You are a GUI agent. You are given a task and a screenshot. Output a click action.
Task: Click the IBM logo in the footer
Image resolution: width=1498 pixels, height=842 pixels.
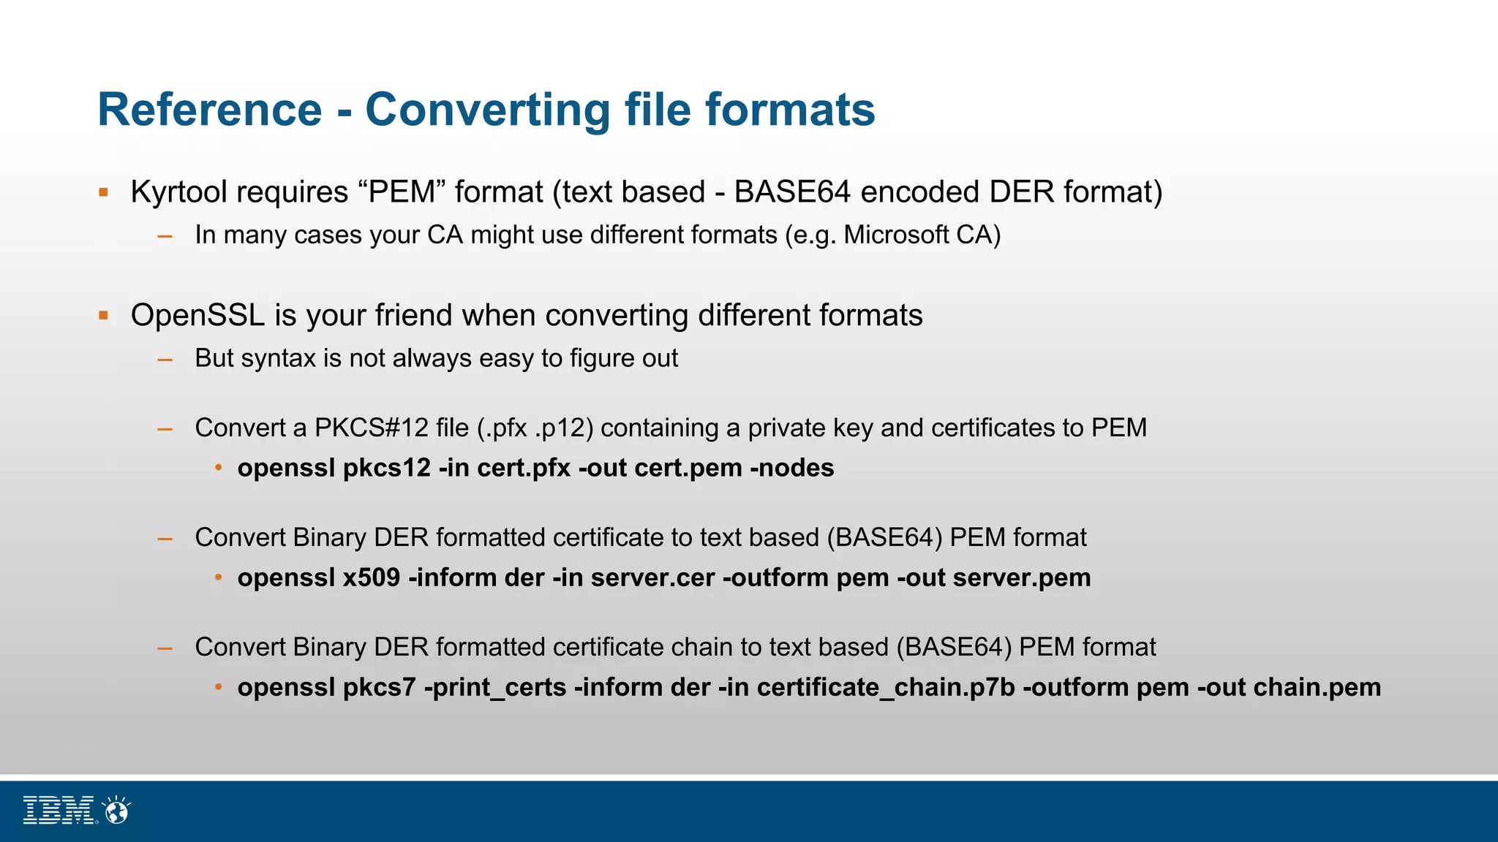pos(59,810)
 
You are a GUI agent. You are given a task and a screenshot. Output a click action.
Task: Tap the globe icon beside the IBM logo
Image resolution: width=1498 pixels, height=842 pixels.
pos(117,810)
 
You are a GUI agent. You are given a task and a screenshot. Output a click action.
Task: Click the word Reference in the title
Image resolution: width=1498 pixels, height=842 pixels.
pos(210,110)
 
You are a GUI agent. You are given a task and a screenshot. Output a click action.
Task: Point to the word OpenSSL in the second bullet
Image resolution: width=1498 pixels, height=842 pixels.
pos(197,316)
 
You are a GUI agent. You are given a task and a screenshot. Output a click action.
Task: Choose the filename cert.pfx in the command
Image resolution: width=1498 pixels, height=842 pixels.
pos(524,469)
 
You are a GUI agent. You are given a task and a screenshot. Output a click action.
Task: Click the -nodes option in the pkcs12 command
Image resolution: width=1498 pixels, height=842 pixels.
pos(792,469)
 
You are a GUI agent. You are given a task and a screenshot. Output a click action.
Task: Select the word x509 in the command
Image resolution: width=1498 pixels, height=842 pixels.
pos(372,578)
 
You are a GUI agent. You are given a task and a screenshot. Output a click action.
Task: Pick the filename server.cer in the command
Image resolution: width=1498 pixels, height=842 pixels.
pos(652,578)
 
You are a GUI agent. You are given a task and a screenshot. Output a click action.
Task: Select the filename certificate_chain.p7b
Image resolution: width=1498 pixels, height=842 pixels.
pos(886,688)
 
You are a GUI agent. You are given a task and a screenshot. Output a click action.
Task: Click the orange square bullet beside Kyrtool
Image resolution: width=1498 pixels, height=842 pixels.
pos(104,193)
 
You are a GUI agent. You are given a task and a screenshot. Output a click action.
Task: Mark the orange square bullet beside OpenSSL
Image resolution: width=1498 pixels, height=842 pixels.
pos(104,316)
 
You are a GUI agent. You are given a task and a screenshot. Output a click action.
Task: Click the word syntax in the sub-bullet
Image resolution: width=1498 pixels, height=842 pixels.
pos(278,359)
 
